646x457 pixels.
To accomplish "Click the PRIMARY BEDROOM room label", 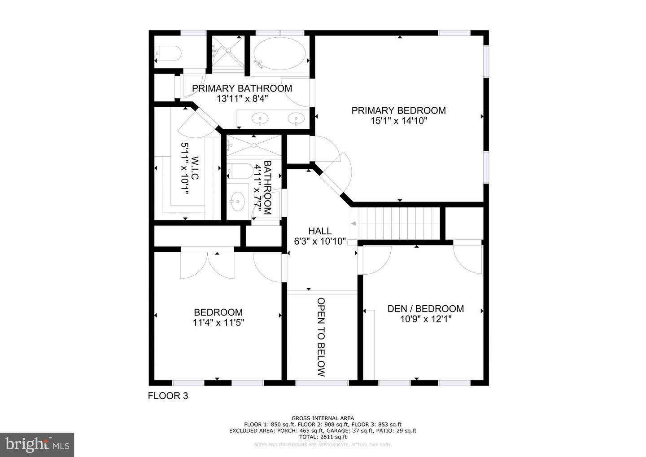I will (x=398, y=110).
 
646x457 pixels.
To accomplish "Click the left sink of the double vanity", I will (x=259, y=119).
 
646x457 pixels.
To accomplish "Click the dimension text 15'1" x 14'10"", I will (x=398, y=121).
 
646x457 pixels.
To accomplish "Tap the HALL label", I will (x=320, y=231).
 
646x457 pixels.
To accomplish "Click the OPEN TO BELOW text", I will (x=321, y=337).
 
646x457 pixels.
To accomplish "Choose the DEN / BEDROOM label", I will (x=425, y=309).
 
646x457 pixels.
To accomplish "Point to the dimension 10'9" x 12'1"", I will (x=425, y=319).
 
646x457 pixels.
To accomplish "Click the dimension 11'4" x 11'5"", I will (x=218, y=323).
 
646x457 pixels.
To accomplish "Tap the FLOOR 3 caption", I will (x=168, y=396).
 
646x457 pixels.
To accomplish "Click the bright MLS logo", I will (x=37, y=444).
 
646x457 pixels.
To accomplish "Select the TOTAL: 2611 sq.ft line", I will (x=323, y=437).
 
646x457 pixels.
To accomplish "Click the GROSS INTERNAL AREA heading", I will (x=323, y=418).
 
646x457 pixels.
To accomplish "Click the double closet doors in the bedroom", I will (x=207, y=265).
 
